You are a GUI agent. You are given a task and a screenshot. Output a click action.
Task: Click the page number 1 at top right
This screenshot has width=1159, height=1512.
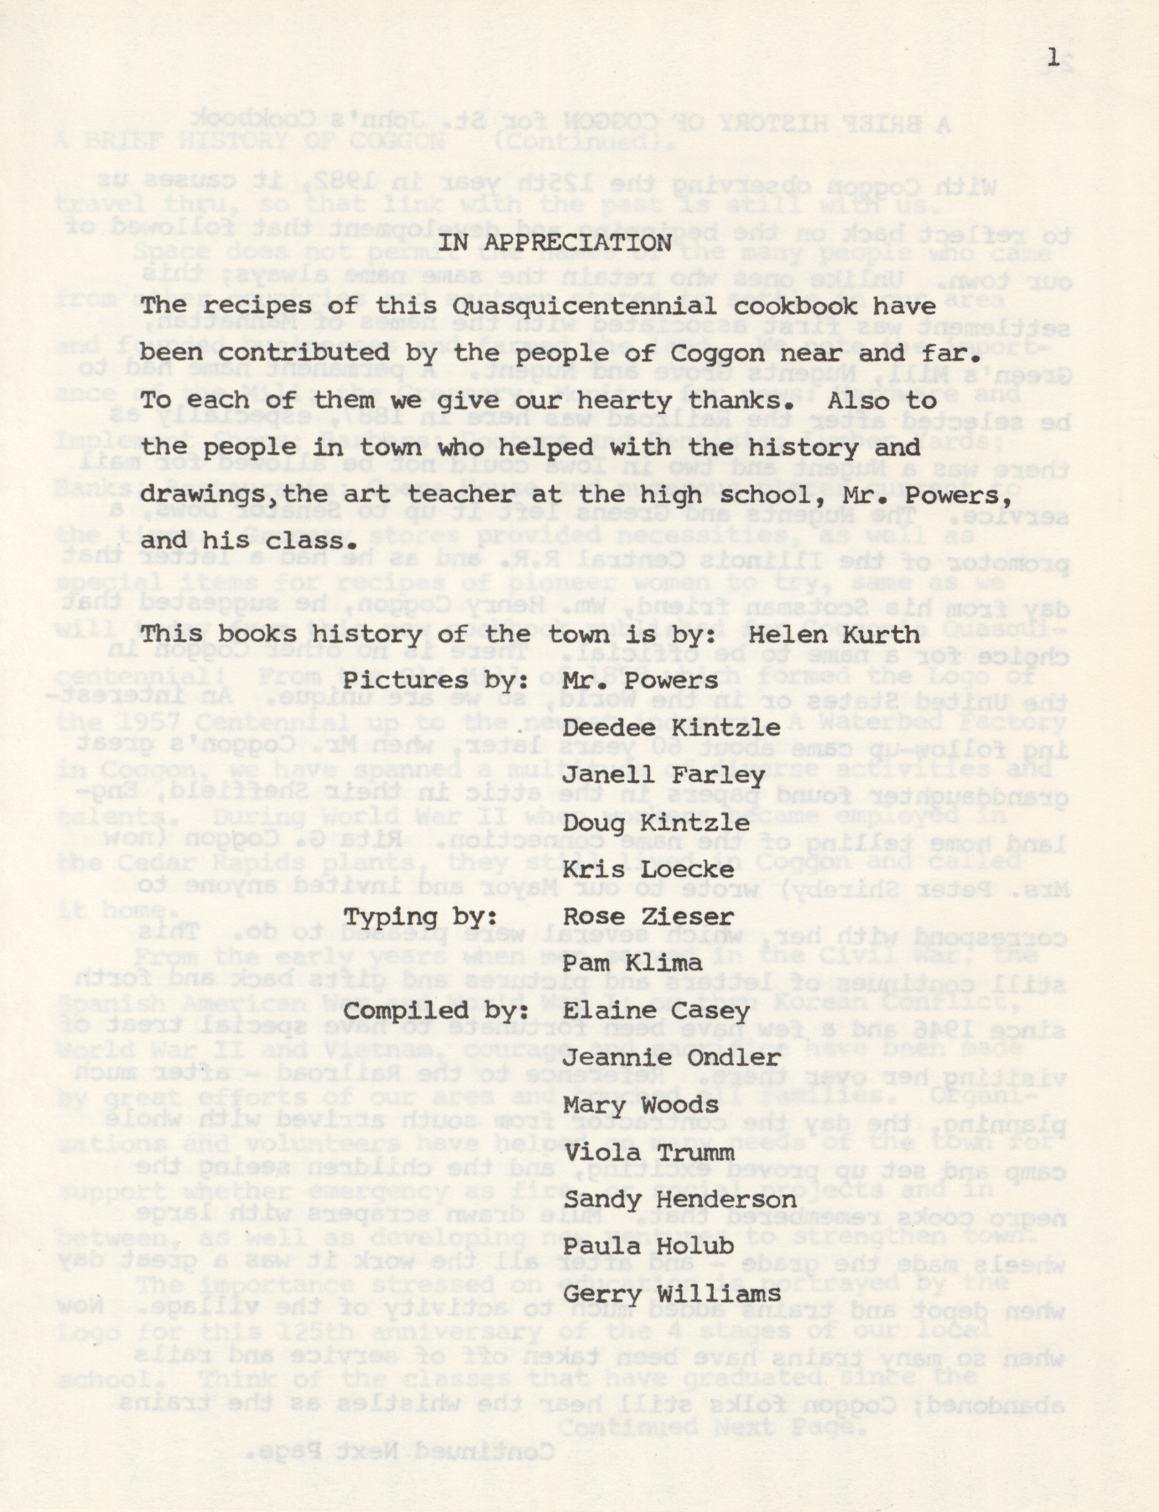tap(1053, 61)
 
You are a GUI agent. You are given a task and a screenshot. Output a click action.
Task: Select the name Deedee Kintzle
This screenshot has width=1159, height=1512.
tap(672, 728)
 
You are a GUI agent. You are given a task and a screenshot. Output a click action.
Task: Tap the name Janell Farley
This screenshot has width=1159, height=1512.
tap(664, 776)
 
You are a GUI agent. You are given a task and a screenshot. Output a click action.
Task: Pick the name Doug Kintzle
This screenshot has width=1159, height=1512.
tap(656, 823)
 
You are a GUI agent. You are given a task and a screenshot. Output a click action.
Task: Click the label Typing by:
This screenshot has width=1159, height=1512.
tap(421, 917)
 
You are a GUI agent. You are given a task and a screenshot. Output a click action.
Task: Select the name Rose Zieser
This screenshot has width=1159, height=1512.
tap(648, 917)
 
